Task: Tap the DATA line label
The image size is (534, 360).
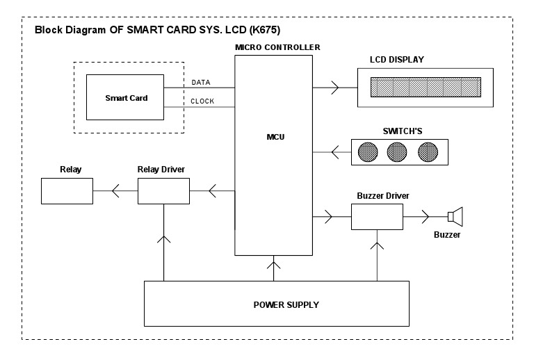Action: [201, 82]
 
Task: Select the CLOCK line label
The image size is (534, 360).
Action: [202, 101]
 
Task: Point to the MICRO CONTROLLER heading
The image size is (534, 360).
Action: [277, 47]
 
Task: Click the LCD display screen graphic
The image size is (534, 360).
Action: [425, 88]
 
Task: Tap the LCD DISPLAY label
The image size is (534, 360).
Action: [396, 60]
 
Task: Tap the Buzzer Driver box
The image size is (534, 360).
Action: [377, 218]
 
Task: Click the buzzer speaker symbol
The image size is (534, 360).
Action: [455, 218]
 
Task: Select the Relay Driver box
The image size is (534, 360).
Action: [163, 190]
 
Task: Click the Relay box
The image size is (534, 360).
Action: [67, 190]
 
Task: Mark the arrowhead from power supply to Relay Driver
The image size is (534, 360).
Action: [163, 240]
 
